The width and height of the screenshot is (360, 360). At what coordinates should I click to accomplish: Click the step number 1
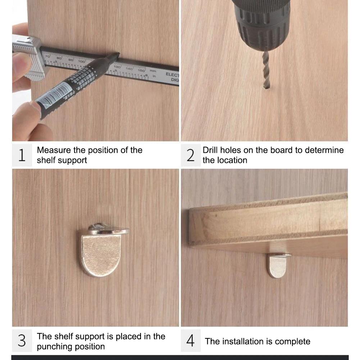[x=22, y=155]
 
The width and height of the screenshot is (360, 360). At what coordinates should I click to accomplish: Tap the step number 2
[x=191, y=155]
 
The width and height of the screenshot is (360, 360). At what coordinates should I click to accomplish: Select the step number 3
[x=22, y=341]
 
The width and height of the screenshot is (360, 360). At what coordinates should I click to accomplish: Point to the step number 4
[x=191, y=341]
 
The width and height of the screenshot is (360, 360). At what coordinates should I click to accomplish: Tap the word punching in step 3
[x=53, y=347]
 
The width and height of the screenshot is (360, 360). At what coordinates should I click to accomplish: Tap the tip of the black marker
[x=117, y=54]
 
